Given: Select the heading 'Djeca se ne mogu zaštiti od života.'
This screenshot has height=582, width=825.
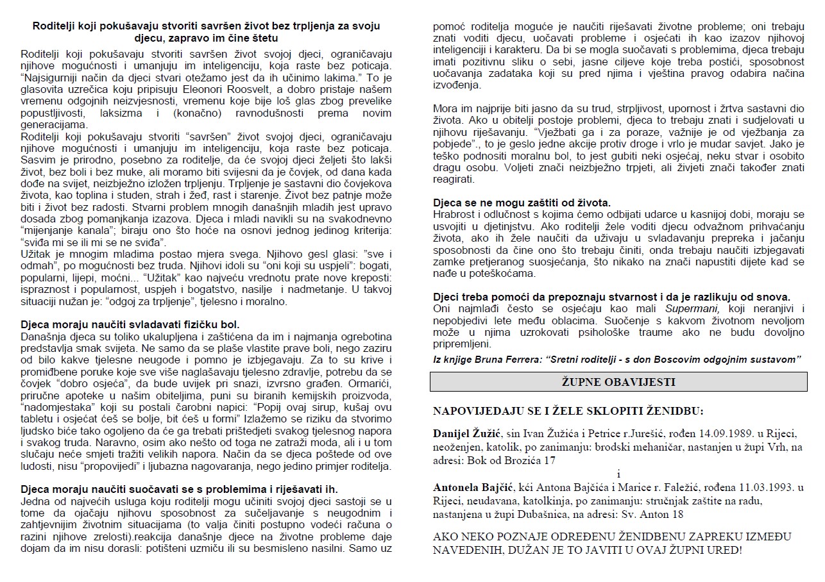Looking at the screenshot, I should [x=522, y=203].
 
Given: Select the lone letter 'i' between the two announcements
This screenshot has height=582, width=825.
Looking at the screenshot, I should [x=618, y=474].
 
